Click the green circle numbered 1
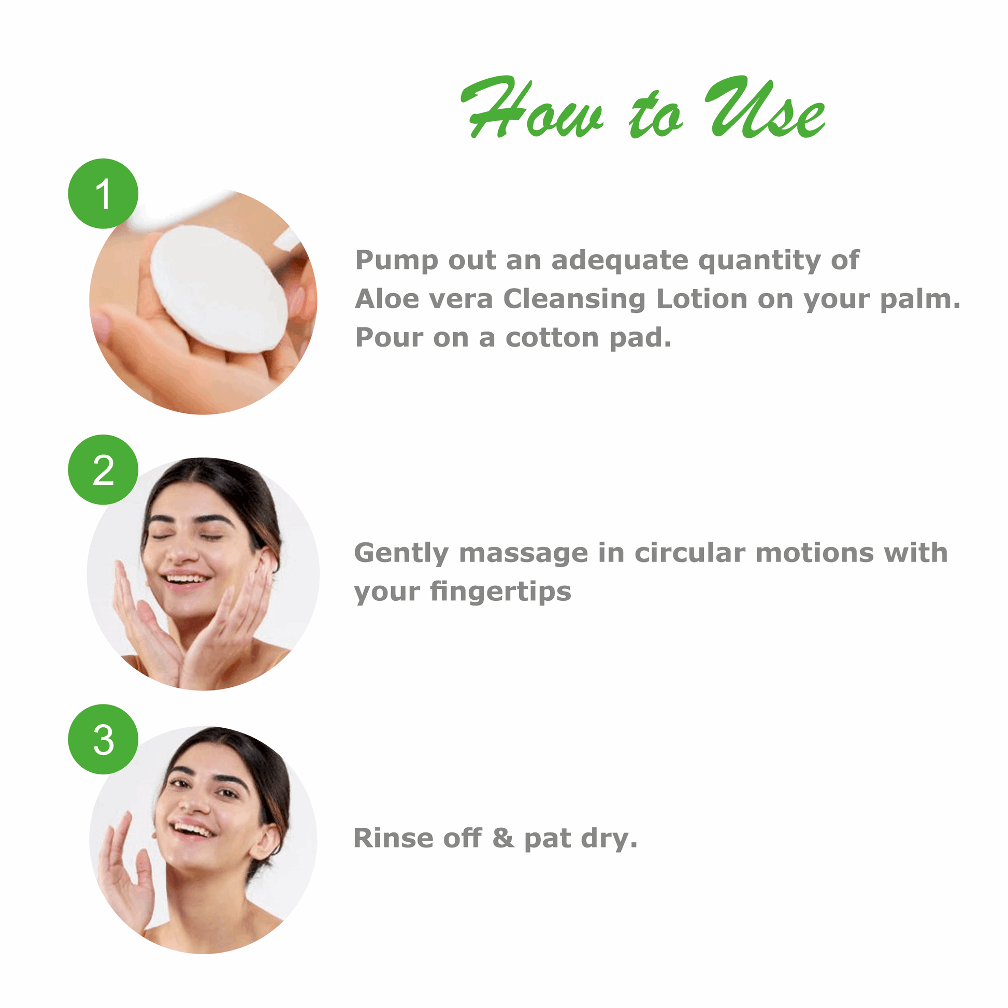pos(103,194)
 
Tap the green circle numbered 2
pos(103,470)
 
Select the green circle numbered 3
pos(103,739)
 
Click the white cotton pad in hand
pos(219,289)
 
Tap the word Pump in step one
pos(397,261)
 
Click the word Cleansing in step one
pos(574,300)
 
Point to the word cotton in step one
pos(552,338)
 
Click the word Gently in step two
pos(401,554)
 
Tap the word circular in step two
pos(690,553)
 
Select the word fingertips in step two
pos(501,593)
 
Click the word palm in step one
pos(917,300)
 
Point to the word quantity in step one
pos(759,261)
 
